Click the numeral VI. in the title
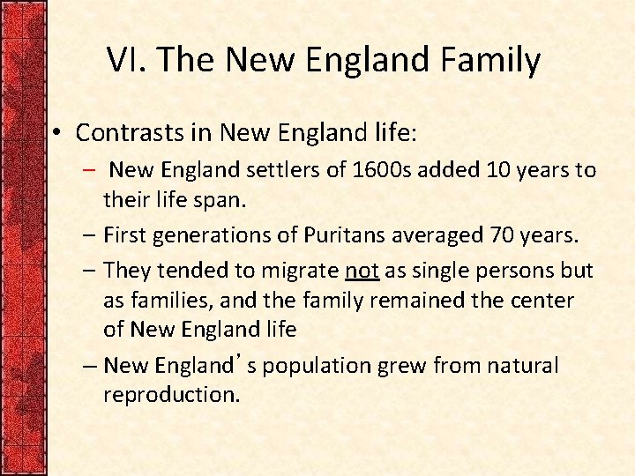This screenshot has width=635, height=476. pos(123,60)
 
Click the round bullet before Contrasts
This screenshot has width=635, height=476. pos(55,133)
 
